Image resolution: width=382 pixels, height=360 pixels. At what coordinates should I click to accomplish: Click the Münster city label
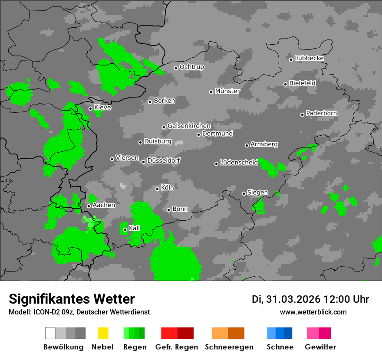click(x=227, y=91)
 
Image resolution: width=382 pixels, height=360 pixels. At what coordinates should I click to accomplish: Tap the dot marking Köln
click(x=158, y=189)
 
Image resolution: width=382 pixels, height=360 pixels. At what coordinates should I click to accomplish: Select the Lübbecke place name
click(x=310, y=58)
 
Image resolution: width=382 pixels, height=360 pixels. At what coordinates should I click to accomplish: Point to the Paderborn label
click(x=322, y=114)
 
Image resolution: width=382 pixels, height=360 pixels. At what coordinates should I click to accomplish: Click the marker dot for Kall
click(x=125, y=229)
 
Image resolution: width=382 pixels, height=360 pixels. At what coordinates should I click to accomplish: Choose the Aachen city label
click(x=104, y=205)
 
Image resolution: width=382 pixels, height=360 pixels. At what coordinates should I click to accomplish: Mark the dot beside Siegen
click(x=244, y=193)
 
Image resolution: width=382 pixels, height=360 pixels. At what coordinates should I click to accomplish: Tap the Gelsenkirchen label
click(x=189, y=126)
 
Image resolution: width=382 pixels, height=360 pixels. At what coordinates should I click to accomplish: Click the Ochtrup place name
click(x=192, y=67)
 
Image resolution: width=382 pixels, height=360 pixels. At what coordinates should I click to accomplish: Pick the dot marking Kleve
click(x=91, y=108)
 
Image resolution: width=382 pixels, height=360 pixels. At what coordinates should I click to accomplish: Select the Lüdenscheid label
click(x=239, y=163)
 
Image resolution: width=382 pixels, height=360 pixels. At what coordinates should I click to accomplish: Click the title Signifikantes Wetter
click(x=72, y=299)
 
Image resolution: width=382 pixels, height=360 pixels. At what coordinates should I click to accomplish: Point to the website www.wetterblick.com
click(x=313, y=312)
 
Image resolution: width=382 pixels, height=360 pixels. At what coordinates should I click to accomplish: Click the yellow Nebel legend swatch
click(x=103, y=333)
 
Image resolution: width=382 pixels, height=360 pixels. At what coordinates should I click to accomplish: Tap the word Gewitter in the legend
click(x=320, y=347)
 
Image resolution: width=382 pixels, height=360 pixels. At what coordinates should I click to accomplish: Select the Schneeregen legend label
click(x=229, y=347)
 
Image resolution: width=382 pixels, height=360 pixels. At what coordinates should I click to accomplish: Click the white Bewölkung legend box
click(x=50, y=333)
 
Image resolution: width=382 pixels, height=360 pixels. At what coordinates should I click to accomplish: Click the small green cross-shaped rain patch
click(x=346, y=188)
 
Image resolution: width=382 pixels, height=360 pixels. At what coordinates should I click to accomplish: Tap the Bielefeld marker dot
click(x=286, y=84)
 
